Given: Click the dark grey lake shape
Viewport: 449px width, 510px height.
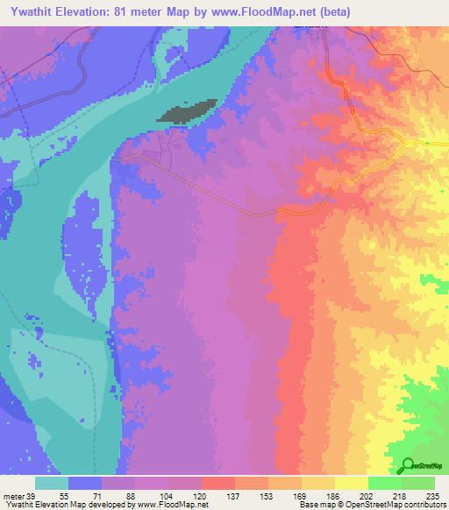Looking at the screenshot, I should [186, 112].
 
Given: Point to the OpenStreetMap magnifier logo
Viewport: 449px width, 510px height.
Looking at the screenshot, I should [409, 465].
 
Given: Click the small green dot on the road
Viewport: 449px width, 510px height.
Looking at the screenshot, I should [427, 144].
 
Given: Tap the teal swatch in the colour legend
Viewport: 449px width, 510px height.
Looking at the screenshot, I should [52, 484].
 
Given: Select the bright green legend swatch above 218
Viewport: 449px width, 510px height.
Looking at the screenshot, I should [384, 484].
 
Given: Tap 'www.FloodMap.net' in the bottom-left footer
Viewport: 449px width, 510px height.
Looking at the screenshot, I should [167, 505].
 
